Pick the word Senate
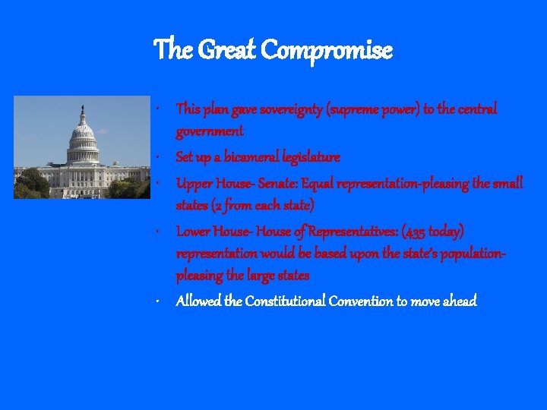click(x=272, y=183)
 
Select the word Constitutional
click(x=285, y=301)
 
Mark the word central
click(x=476, y=109)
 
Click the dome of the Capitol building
click(x=82, y=137)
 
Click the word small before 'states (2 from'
click(x=507, y=183)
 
